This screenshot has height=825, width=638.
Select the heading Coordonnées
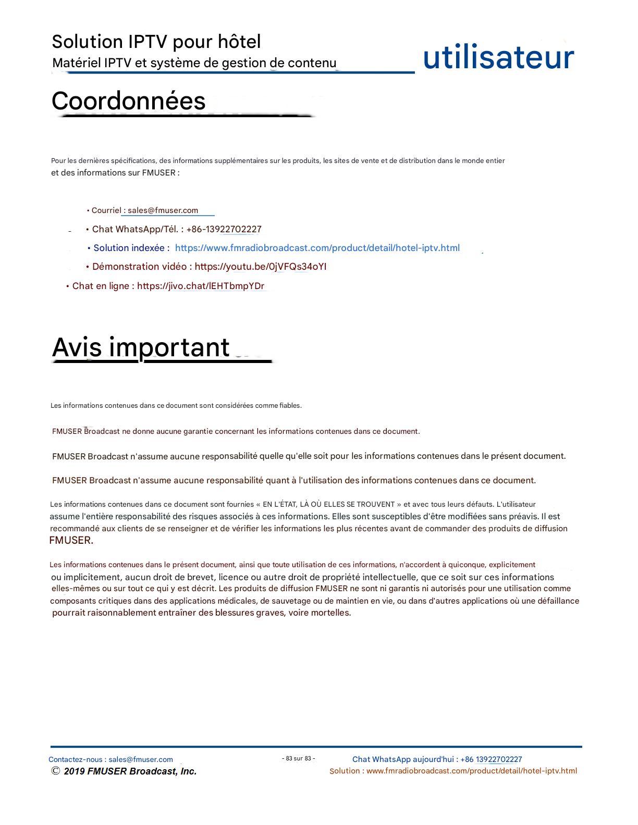click(128, 101)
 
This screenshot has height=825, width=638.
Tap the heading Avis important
click(141, 347)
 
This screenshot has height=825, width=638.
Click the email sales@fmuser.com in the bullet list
click(163, 210)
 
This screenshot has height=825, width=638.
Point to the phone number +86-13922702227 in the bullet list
click(224, 229)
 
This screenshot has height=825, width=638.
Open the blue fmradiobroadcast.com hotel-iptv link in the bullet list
click(317, 248)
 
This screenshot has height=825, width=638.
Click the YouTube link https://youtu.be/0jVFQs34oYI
click(261, 267)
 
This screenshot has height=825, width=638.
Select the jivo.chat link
click(201, 286)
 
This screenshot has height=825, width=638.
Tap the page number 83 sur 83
click(298, 759)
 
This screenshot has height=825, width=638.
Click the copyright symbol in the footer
click(55, 771)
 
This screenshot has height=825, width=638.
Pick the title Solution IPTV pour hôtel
click(156, 42)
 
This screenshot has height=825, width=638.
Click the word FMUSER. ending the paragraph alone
click(71, 541)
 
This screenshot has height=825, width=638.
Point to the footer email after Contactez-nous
click(141, 759)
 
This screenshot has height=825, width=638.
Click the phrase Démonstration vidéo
click(139, 267)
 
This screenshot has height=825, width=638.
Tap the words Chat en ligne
click(101, 286)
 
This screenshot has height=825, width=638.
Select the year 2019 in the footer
click(75, 771)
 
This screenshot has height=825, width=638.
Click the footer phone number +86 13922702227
click(491, 759)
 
